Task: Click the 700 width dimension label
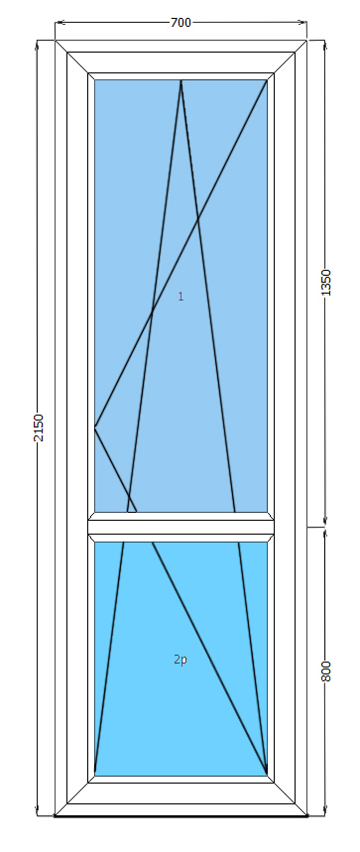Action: [x=180, y=22]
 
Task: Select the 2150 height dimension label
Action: [x=38, y=427]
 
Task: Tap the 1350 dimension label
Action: [x=325, y=283]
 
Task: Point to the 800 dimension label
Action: [x=325, y=671]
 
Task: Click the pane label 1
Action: [x=180, y=297]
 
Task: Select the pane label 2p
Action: [x=180, y=660]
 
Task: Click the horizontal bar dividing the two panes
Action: [x=180, y=527]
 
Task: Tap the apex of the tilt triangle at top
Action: [x=180, y=80]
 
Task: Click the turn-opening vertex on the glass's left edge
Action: [x=95, y=427]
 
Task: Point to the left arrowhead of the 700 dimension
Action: [x=59, y=22]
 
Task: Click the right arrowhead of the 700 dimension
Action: [x=303, y=22]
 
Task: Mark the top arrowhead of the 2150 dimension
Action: [x=38, y=45]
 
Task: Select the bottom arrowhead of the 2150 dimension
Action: [x=38, y=811]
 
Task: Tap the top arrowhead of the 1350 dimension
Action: [x=325, y=45]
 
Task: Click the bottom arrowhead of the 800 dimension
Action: [x=325, y=811]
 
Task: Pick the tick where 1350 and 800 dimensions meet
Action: [x=325, y=527]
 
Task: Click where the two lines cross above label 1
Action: [x=197, y=218]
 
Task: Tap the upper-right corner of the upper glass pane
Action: [x=267, y=80]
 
